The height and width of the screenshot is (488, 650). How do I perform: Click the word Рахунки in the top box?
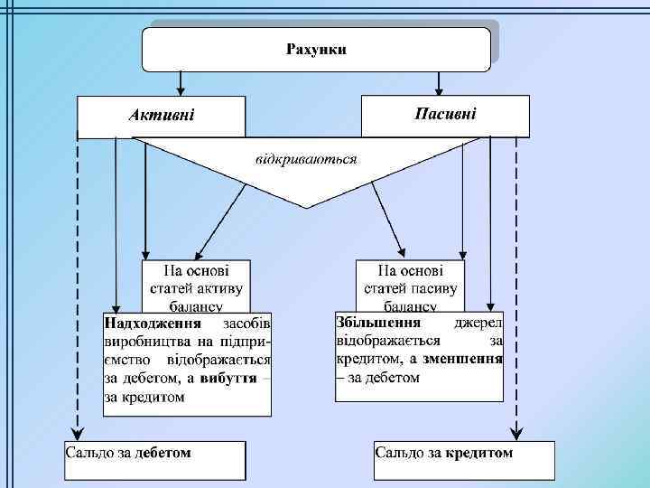pos(316,48)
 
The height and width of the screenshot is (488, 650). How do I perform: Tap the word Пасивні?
pos(445,113)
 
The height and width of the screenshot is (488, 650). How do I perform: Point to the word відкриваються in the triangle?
pos(306,159)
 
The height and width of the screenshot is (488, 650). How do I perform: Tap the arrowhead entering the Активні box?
pos(181,91)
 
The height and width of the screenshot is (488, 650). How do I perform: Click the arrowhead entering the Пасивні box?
pos(440,90)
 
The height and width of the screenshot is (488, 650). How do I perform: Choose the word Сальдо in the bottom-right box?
pos(398,452)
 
